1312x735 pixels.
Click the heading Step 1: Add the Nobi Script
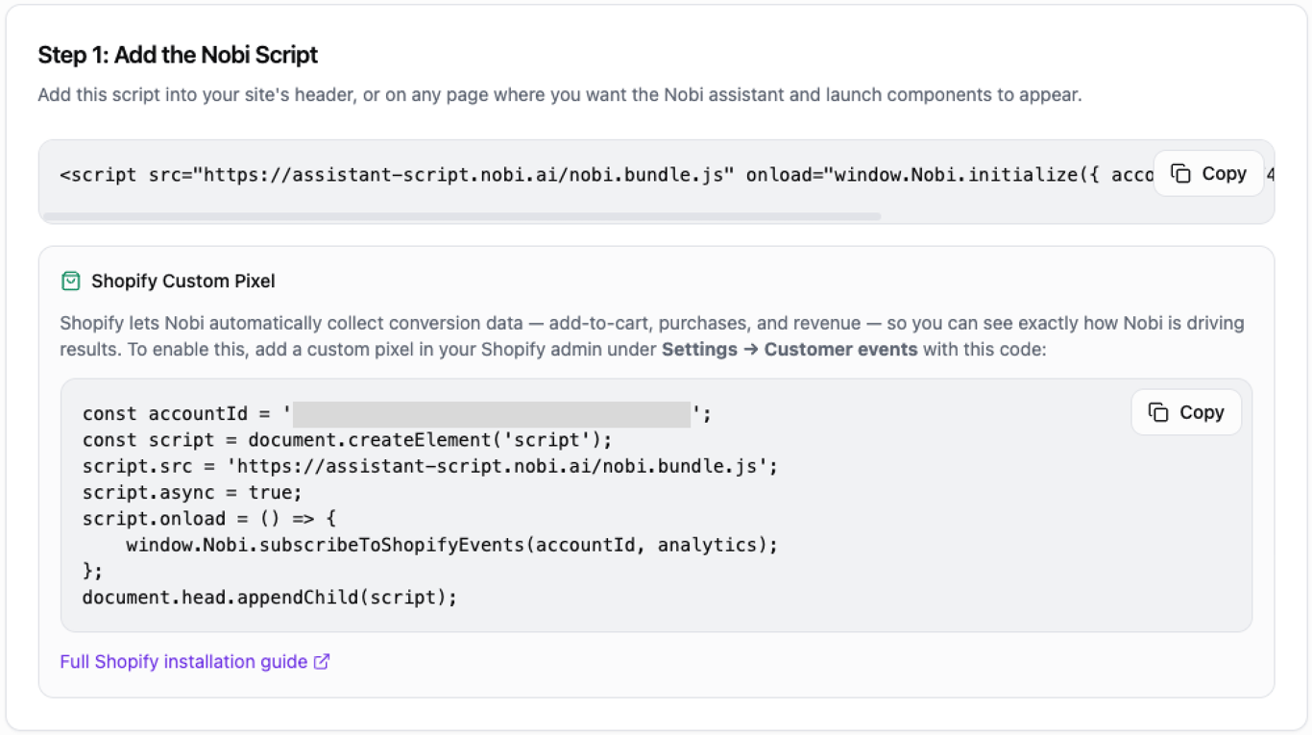178,56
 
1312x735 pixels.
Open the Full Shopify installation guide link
183,662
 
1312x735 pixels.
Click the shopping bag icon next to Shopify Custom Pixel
70,282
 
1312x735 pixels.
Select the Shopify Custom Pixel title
182,282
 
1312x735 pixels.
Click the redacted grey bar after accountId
492,414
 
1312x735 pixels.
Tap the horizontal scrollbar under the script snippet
462,217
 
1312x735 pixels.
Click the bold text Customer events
840,350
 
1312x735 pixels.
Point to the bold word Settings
699,350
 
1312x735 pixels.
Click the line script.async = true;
192,493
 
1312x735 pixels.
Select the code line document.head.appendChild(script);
270,597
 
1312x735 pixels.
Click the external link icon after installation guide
322,662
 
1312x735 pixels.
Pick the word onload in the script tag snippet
779,175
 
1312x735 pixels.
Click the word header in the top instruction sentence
325,96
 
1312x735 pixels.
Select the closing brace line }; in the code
92,571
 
